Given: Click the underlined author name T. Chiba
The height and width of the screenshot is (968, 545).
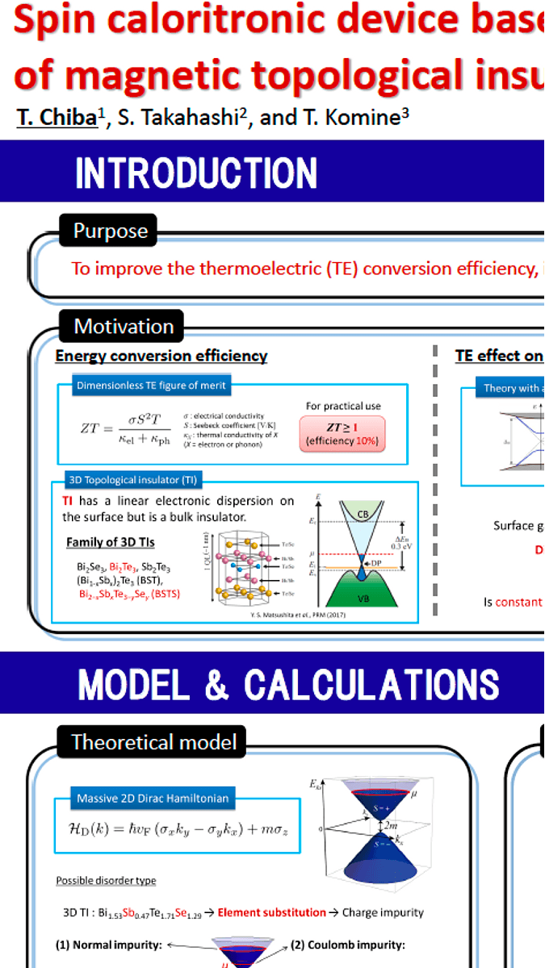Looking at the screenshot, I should (57, 117).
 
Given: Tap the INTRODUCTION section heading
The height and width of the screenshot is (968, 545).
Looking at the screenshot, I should (196, 173).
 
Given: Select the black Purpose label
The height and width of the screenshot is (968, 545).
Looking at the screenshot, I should (111, 231).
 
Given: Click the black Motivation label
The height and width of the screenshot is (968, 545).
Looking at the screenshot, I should (124, 327).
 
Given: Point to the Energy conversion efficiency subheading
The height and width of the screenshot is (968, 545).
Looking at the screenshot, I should (161, 356).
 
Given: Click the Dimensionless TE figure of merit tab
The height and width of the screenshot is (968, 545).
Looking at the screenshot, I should (151, 386).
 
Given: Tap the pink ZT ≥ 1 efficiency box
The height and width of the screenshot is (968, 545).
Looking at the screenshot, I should (342, 432).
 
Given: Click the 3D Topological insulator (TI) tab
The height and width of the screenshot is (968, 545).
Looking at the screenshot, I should (132, 481).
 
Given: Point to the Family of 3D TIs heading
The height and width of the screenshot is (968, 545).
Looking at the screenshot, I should (110, 541).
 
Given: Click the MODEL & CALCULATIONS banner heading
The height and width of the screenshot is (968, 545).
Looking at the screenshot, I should (289, 685).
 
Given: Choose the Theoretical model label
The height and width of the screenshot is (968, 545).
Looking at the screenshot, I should (153, 742).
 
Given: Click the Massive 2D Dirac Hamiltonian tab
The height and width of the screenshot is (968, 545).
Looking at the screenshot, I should (153, 799).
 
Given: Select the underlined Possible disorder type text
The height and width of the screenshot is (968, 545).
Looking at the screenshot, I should (106, 880).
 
